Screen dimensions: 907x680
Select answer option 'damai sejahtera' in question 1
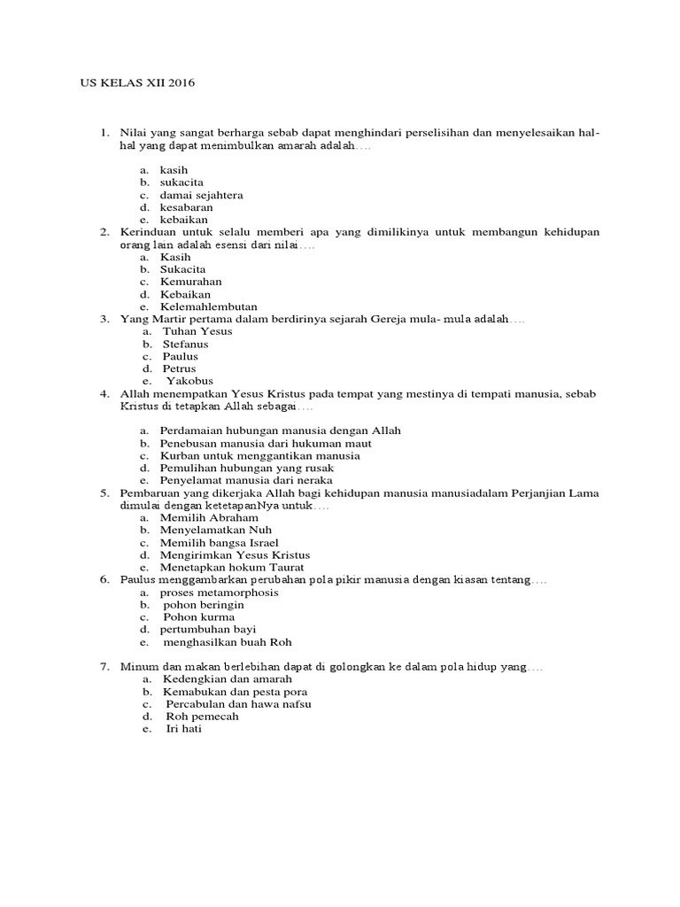201,195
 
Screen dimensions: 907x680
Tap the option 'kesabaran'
186,207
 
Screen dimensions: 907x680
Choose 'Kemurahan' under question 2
190,281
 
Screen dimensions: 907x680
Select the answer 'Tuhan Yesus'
197,330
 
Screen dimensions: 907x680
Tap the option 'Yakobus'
190,381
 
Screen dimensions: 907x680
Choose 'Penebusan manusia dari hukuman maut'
266,443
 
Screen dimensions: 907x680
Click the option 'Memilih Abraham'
209,516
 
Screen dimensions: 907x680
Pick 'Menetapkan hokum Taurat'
232,566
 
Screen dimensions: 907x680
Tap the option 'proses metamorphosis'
219,592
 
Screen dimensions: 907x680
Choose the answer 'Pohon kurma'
199,616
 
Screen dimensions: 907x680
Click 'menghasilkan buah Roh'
228,641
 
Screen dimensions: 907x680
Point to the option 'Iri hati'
184,728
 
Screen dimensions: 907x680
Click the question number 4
104,394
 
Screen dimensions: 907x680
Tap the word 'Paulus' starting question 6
135,579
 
